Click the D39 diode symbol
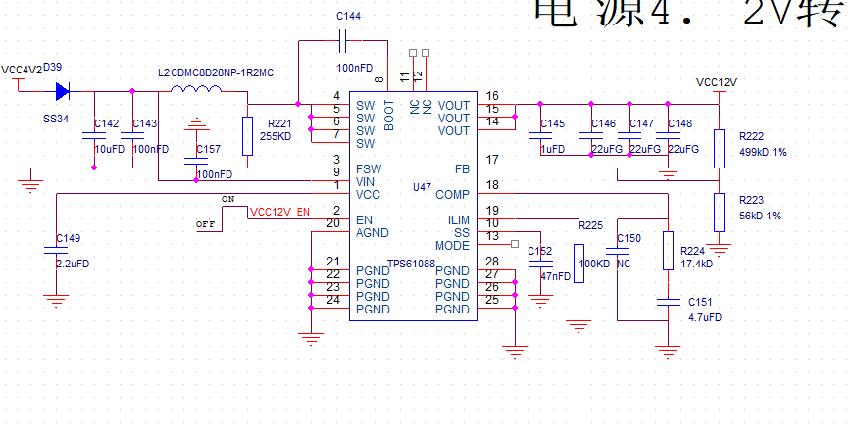coord(62,92)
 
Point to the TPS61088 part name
coord(411,264)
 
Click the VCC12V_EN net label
coord(279,211)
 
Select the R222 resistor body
coord(719,148)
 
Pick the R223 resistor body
coord(719,212)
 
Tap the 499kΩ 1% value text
coord(763,153)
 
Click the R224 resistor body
coord(669,251)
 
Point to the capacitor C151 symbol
coord(669,303)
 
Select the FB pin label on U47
coord(462,169)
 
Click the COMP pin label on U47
coord(453,194)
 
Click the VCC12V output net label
coord(716,82)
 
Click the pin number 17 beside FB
coord(492,159)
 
